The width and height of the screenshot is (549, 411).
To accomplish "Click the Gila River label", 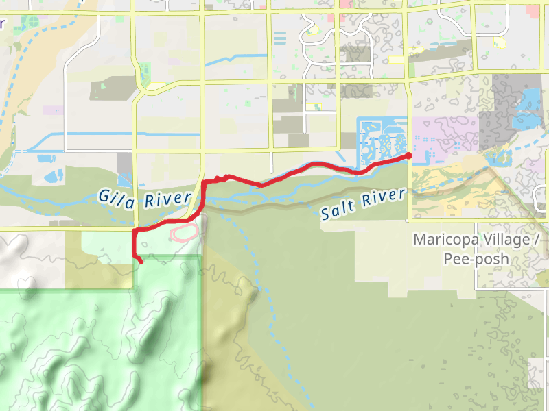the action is click(144, 198).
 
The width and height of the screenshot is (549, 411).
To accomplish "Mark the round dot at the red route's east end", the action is click(409, 156).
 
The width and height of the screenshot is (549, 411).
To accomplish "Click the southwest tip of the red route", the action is click(141, 262).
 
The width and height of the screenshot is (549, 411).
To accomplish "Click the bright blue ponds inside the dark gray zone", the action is click(527, 103).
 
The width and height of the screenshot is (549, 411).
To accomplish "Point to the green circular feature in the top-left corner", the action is click(30, 21).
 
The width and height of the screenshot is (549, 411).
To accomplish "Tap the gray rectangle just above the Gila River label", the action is click(125, 164).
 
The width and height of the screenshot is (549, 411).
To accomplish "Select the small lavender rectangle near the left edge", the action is click(52, 110).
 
